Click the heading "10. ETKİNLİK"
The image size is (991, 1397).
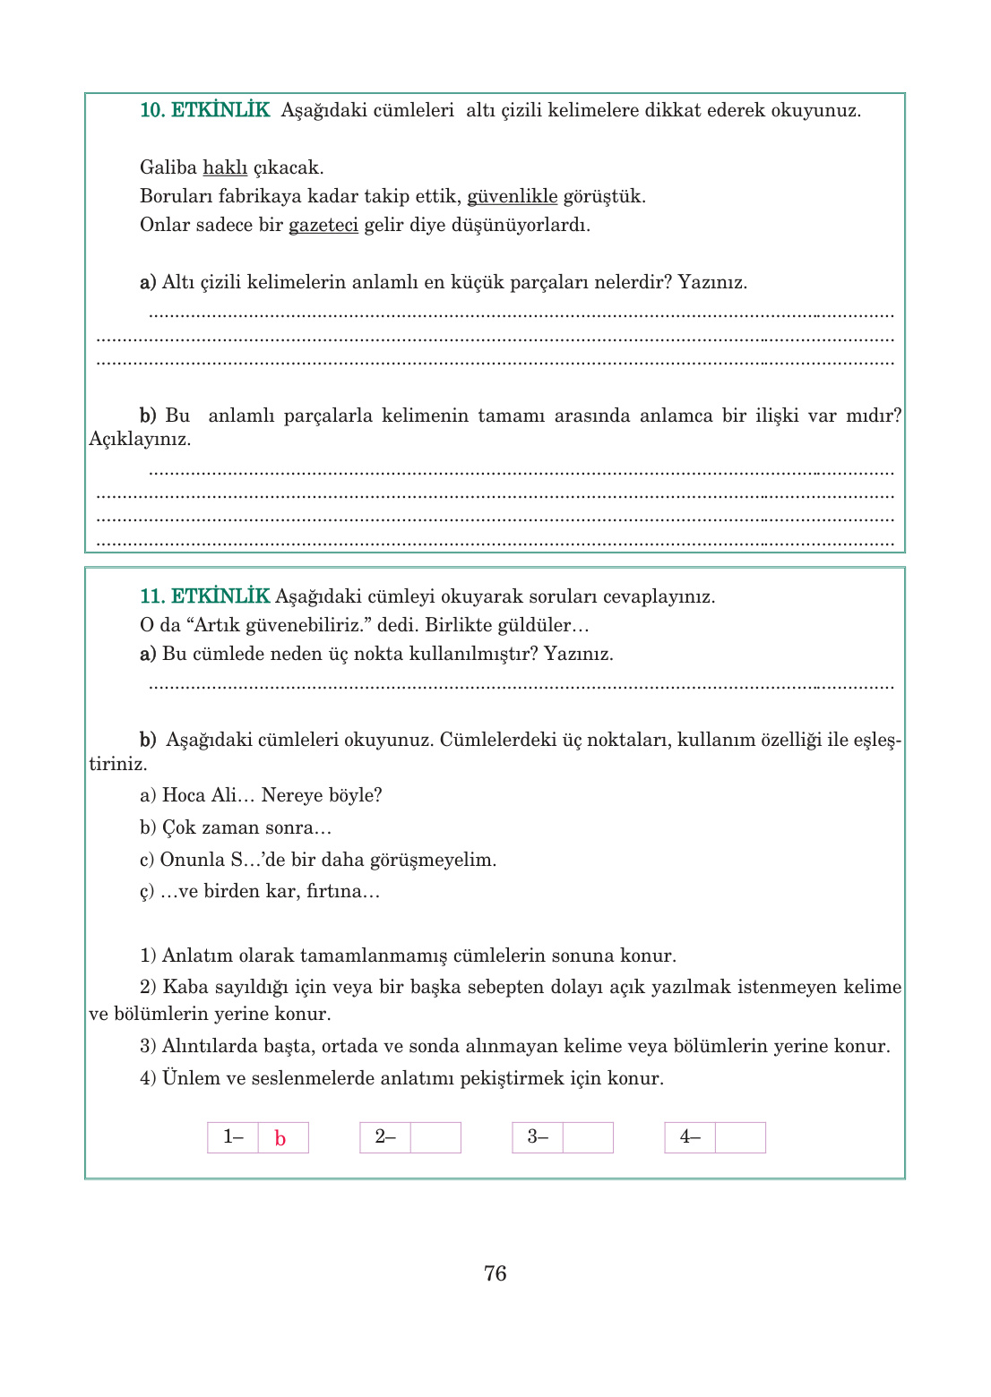(x=204, y=110)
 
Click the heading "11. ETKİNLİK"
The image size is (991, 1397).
(x=204, y=596)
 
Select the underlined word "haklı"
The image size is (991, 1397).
(x=225, y=167)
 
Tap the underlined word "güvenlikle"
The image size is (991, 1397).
(x=512, y=196)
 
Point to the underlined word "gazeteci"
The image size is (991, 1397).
(x=323, y=225)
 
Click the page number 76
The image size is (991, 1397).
(x=495, y=1273)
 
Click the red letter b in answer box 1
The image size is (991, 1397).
(x=280, y=1138)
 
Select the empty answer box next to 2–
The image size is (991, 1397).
(x=435, y=1137)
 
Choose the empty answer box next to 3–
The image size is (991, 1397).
(x=588, y=1137)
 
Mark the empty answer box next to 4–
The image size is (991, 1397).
(x=740, y=1137)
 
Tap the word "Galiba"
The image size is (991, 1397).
(x=168, y=167)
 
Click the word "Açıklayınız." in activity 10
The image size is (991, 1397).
(x=140, y=439)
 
